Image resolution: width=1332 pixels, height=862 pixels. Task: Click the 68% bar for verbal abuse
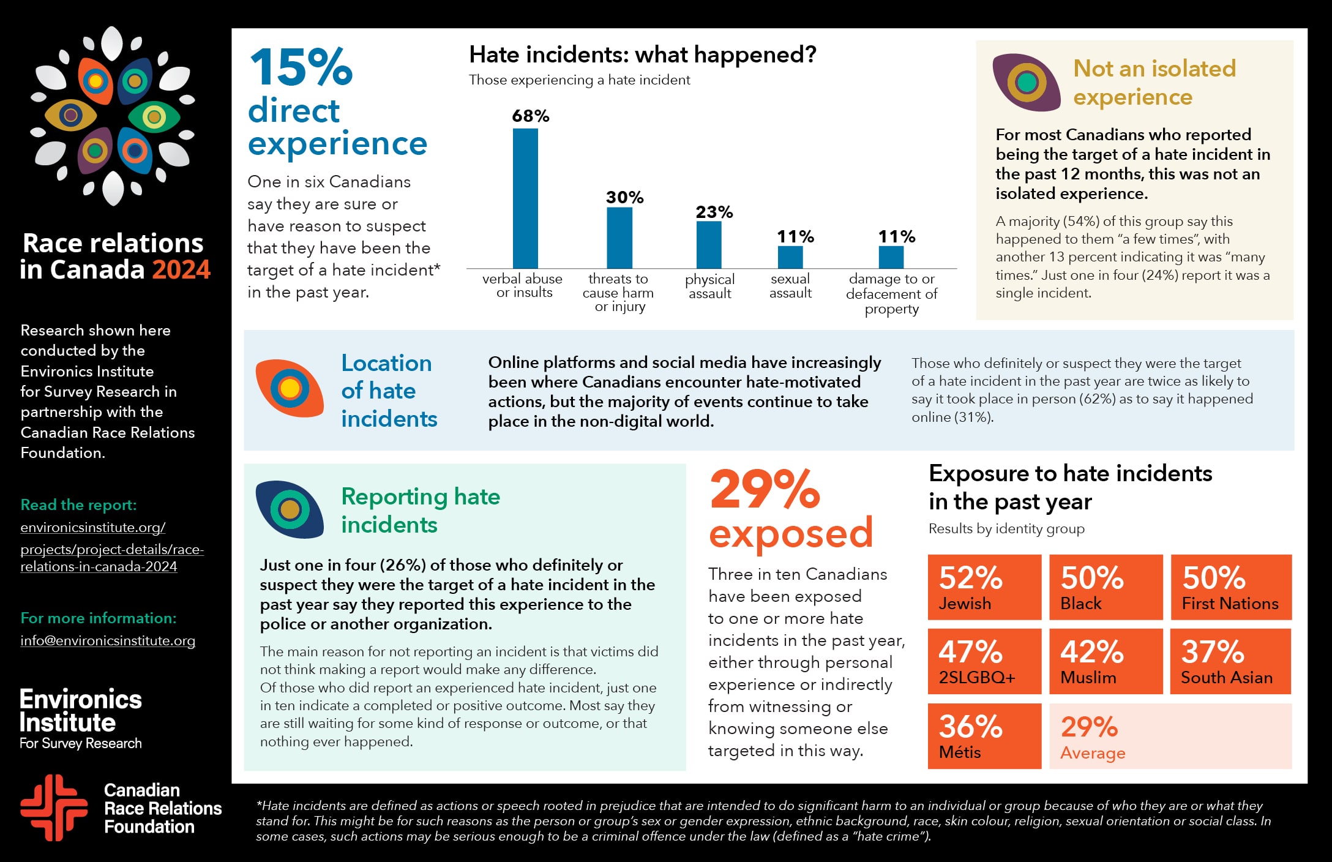525,198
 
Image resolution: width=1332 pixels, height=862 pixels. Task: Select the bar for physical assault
709,245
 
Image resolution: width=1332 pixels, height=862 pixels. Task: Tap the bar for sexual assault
790,257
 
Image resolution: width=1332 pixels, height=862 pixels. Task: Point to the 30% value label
624,197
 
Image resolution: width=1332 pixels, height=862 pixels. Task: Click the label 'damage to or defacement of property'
891,294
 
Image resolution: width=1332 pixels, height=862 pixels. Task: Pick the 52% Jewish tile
984,587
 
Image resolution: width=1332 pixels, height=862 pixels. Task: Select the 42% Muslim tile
1106,661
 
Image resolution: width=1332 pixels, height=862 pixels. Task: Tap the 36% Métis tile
984,736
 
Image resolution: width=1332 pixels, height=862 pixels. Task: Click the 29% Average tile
1170,736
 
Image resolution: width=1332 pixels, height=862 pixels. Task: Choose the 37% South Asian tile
1230,661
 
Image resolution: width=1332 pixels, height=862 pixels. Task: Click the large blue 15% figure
301,67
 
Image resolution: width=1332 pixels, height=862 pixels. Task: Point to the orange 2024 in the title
181,269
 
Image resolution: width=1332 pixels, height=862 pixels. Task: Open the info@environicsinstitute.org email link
108,640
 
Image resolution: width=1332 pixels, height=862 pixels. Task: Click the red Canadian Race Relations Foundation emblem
54,808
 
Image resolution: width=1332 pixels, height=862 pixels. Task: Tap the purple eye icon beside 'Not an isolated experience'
1026,82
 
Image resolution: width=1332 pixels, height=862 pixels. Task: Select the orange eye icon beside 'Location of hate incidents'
290,388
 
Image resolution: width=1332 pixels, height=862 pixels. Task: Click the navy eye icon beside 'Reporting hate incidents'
290,509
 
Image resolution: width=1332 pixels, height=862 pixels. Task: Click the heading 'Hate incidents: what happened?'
643,55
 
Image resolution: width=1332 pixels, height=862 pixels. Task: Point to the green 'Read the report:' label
78,504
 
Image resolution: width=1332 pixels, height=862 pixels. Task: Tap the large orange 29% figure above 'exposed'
765,490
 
